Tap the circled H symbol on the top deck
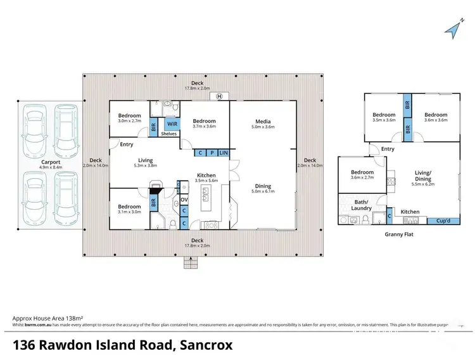tap(219, 96)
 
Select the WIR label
tap(172, 124)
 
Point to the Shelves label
tap(168, 134)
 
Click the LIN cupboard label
tap(224, 153)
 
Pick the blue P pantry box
tap(212, 153)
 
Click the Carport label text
tap(51, 162)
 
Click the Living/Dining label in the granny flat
tap(423, 176)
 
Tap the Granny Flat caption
tap(399, 234)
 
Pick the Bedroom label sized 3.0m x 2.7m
tap(130, 116)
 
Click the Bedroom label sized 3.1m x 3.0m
tap(129, 207)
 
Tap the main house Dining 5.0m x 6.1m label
tap(263, 186)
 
